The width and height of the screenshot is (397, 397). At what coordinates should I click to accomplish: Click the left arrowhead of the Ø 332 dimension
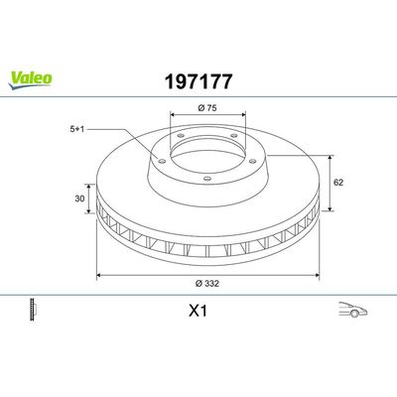point(98,276)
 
